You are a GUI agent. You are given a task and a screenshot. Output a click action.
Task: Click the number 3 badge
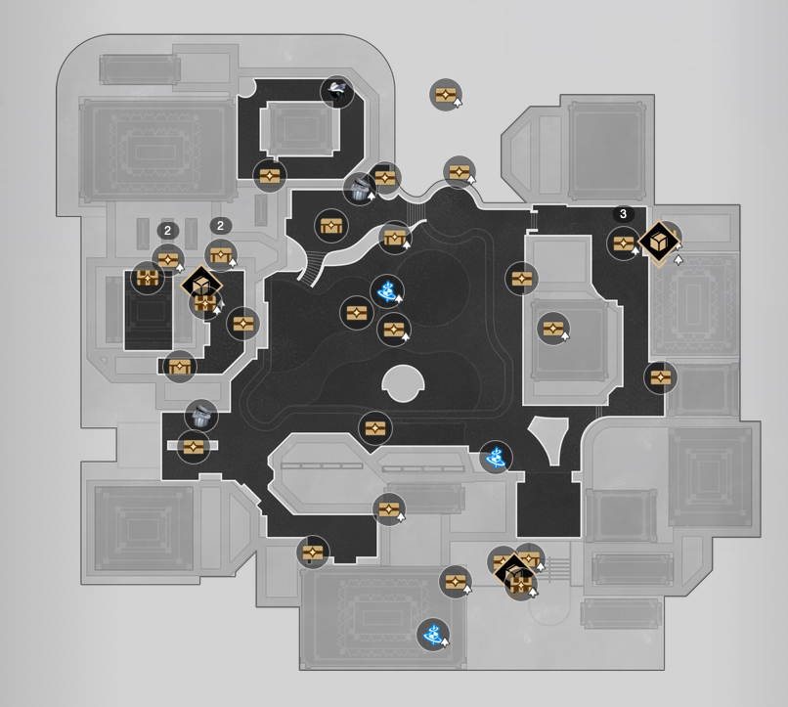pyautogui.click(x=623, y=213)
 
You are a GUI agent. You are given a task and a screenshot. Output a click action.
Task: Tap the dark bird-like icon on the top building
pyautogui.click(x=336, y=92)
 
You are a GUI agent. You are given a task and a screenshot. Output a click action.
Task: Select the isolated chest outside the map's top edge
pyautogui.click(x=446, y=95)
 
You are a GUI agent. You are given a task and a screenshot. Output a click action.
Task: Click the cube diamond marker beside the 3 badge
pyautogui.click(x=661, y=241)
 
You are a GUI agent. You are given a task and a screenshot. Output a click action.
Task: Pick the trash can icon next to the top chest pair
pyautogui.click(x=360, y=188)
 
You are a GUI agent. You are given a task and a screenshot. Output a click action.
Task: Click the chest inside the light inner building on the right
pyautogui.click(x=553, y=329)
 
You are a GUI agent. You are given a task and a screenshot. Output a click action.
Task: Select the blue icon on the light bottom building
pyautogui.click(x=432, y=634)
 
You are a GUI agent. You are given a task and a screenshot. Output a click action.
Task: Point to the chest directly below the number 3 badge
pyautogui.click(x=624, y=243)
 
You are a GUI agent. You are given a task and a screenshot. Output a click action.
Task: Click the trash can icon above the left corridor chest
pyautogui.click(x=201, y=415)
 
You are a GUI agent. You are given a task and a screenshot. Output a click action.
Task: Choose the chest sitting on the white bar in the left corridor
pyautogui.click(x=194, y=446)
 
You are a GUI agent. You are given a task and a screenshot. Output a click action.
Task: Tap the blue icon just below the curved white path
pyautogui.click(x=387, y=289)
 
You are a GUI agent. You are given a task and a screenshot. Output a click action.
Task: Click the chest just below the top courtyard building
pyautogui.click(x=270, y=176)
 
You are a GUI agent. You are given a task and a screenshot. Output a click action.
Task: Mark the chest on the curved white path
pyautogui.click(x=394, y=238)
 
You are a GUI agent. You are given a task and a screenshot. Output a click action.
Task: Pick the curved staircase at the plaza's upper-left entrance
pyautogui.click(x=311, y=265)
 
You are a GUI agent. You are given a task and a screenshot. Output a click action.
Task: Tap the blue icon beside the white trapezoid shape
pyautogui.click(x=496, y=456)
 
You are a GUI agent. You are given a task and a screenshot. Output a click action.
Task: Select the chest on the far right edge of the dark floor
pyautogui.click(x=661, y=376)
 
